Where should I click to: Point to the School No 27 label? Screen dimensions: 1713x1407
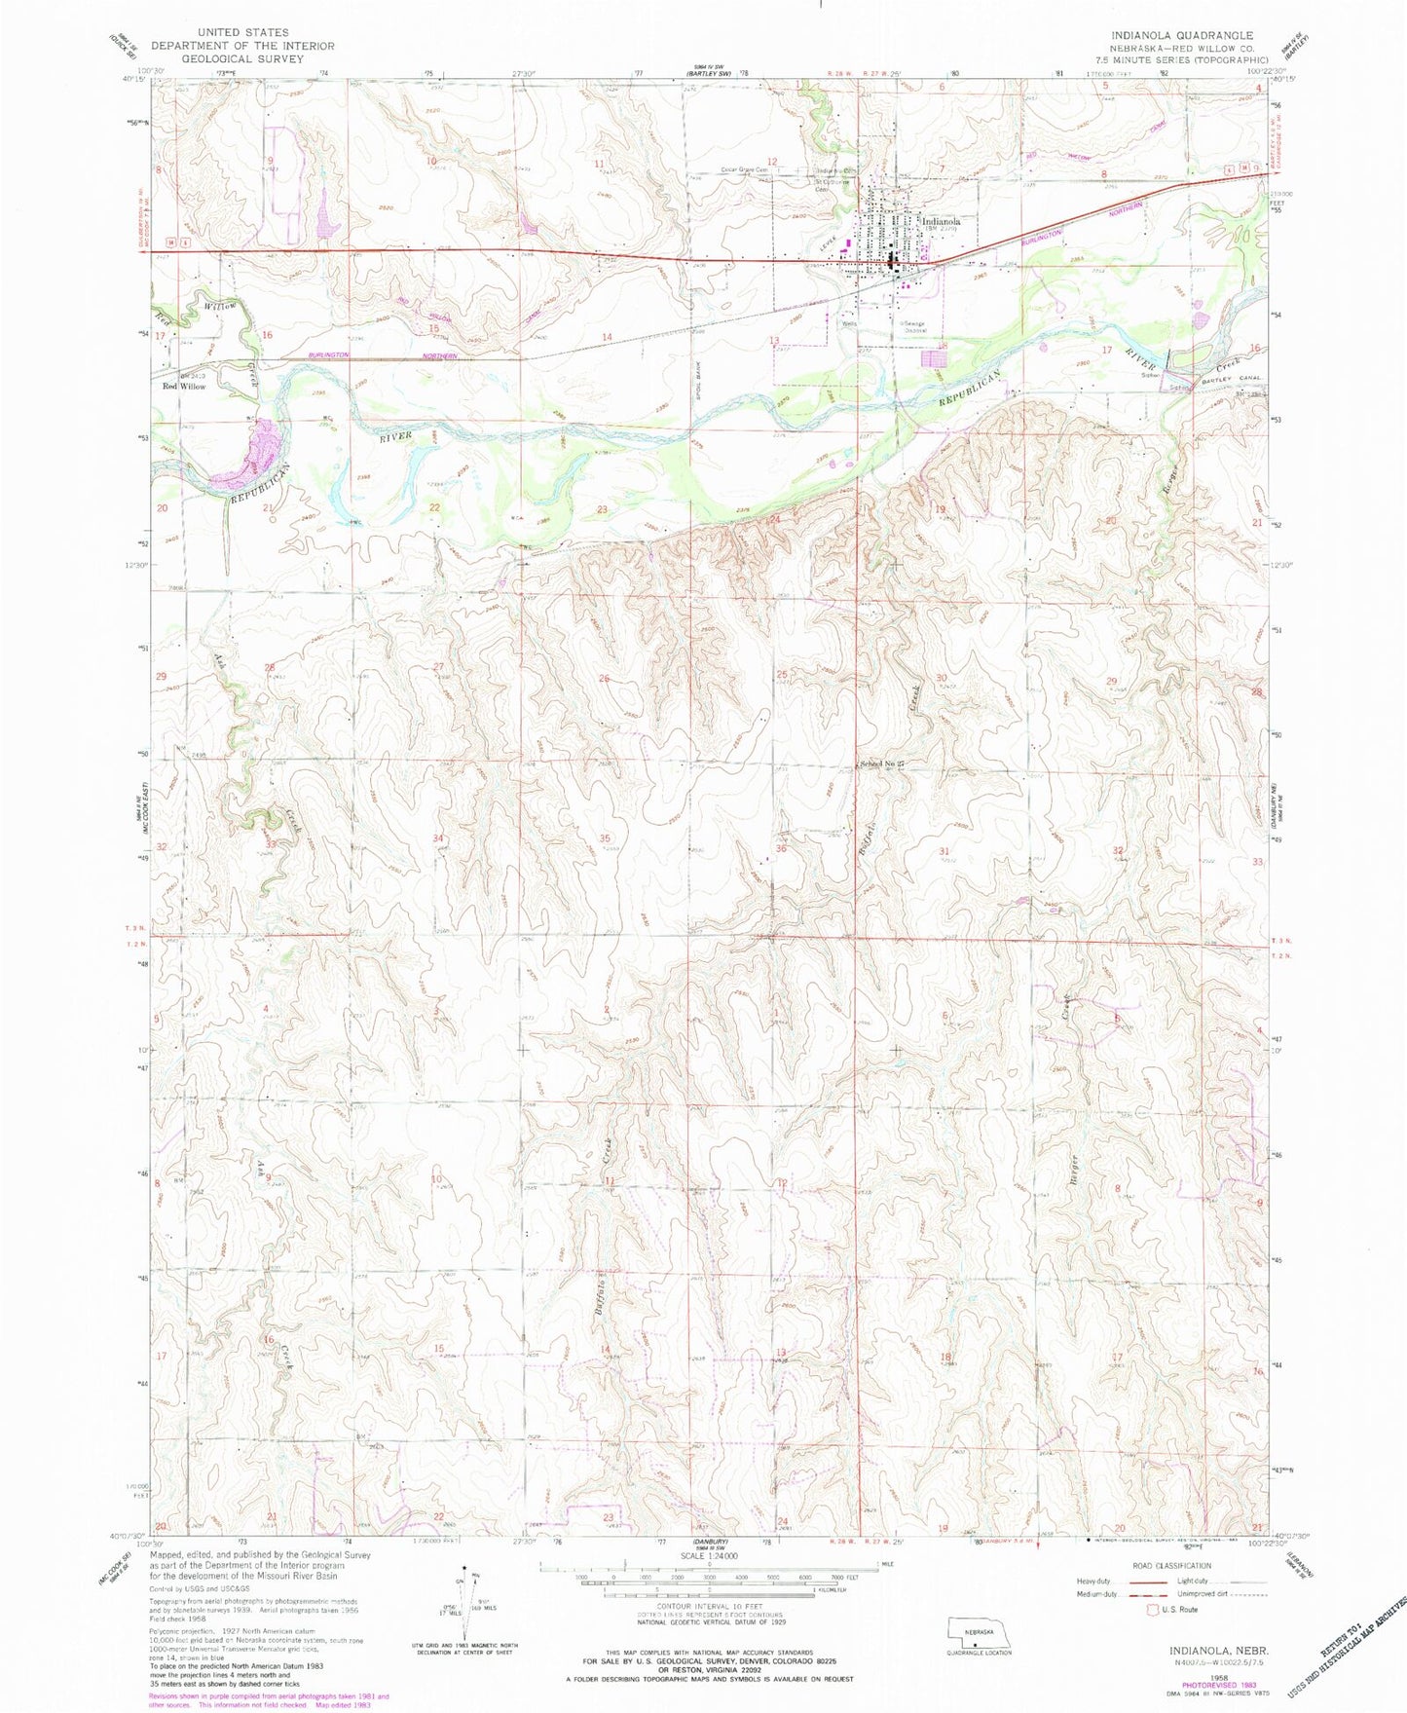click(881, 763)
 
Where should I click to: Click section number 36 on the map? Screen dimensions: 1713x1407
click(780, 849)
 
